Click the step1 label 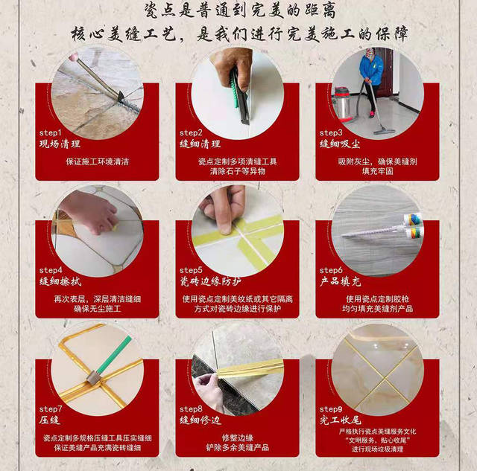pos(51,132)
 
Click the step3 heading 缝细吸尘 pos(339,144)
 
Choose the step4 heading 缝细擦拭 pos(59,282)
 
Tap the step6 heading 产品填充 pos(339,282)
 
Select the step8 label pos(191,409)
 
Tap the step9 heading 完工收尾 pos(339,420)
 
